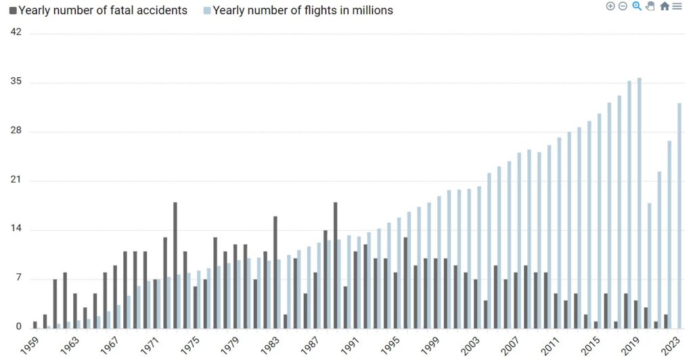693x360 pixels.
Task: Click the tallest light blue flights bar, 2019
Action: tap(640, 203)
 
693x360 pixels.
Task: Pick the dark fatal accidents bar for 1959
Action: tap(35, 324)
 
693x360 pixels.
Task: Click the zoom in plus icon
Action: tap(610, 6)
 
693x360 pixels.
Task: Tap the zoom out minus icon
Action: tap(623, 6)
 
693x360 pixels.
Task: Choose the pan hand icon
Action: tap(650, 6)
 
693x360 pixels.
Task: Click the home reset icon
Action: tap(665, 6)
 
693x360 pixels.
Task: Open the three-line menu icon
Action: tap(677, 6)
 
